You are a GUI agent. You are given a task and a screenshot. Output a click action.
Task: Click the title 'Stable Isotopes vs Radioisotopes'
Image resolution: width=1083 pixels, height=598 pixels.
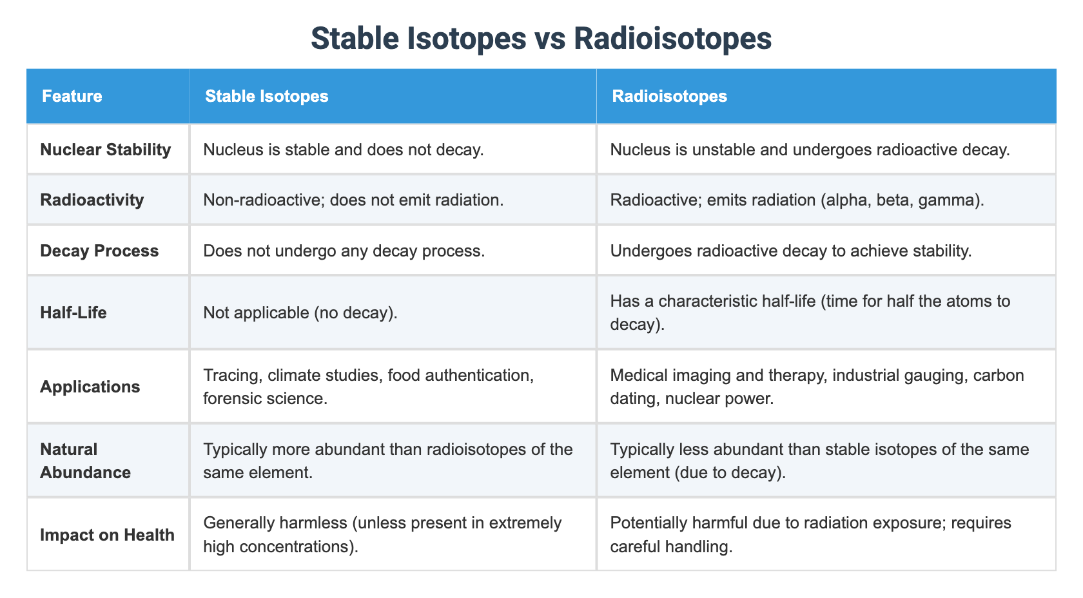coord(541,39)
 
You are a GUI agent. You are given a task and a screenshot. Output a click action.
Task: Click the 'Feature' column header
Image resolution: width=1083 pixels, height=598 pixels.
coord(72,97)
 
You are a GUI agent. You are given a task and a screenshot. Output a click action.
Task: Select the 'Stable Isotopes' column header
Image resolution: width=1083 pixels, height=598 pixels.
coord(266,97)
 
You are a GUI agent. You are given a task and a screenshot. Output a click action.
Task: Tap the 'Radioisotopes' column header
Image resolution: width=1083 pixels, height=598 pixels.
coord(669,97)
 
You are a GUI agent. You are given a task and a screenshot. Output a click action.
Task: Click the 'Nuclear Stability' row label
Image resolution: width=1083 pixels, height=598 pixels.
coord(105,149)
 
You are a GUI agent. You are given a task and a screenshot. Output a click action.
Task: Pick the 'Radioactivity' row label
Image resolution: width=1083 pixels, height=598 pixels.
coord(92,200)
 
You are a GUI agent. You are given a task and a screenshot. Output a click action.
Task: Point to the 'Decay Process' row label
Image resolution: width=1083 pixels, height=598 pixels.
coord(99,251)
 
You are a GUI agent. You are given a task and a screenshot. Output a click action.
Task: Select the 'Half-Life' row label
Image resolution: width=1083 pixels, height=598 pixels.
coord(73,313)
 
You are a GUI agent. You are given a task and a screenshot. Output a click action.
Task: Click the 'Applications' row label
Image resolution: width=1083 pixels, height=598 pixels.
coord(90,387)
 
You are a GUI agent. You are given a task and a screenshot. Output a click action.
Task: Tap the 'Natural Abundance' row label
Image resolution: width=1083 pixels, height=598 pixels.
coord(85,461)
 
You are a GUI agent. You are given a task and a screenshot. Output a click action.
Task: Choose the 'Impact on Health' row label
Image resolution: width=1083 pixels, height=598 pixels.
coord(107,535)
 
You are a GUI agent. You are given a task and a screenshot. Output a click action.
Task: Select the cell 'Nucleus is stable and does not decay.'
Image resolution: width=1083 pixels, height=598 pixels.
coord(343,149)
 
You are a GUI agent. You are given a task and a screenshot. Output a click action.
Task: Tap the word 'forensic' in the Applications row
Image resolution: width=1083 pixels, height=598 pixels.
coord(231,399)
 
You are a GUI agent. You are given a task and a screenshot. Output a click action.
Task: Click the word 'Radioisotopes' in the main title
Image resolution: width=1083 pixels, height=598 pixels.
coord(672,39)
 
